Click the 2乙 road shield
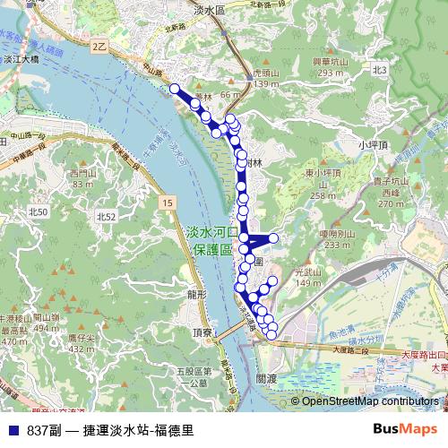[99, 44]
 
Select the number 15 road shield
[167, 205]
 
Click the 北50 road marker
[38, 211]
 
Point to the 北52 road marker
[106, 217]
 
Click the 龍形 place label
[197, 294]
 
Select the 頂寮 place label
[203, 332]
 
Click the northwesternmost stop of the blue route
[175, 89]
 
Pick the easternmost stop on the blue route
[274, 237]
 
